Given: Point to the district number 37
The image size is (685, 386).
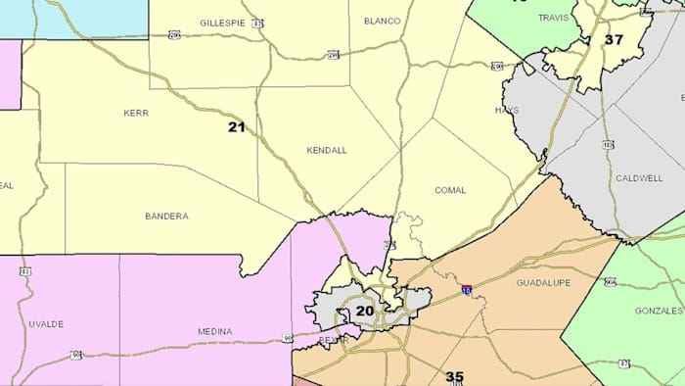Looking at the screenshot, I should coord(614,39).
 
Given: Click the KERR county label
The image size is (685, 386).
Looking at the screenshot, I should coord(136,113).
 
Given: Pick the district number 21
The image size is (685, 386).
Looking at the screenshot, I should coord(237,126).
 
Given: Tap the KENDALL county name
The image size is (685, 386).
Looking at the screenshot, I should coord(327,150).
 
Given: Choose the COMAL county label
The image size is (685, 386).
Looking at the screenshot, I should coord(451,189).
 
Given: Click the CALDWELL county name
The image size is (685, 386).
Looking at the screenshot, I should coord(639,179).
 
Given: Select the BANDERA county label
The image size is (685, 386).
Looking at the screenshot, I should coord(166,216).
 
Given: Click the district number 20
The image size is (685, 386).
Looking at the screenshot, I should coord(364,311).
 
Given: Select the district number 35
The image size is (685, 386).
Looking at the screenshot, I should coord(454,376).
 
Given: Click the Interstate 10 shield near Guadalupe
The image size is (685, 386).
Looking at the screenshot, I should coord(467,290).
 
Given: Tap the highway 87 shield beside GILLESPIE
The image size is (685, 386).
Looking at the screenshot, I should coord(257,22).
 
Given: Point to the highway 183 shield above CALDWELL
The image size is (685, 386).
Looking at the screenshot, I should coord(608,144).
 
